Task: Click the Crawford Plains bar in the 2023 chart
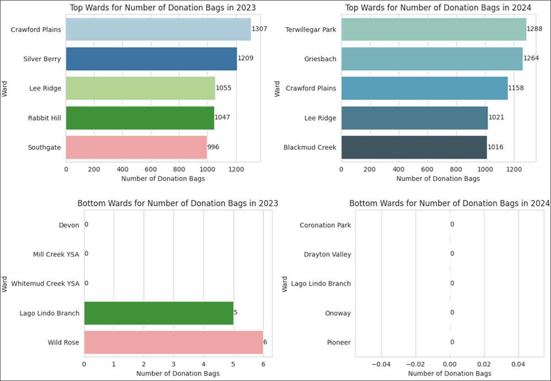(158, 29)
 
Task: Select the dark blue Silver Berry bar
(152, 58)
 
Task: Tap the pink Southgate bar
(136, 147)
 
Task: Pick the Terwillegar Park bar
(434, 29)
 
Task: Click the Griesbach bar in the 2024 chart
(431, 58)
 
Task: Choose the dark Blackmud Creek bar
(414, 147)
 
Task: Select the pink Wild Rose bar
(174, 342)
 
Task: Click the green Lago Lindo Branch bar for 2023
(159, 313)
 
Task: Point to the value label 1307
(259, 29)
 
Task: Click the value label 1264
(531, 58)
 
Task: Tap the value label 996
(213, 147)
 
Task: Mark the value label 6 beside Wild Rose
(266, 342)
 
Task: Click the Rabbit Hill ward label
(44, 117)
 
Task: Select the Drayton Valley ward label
(327, 254)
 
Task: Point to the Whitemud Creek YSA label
(45, 283)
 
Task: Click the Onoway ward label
(336, 313)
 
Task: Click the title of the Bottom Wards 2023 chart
(181, 203)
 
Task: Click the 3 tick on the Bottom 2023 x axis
(174, 364)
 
